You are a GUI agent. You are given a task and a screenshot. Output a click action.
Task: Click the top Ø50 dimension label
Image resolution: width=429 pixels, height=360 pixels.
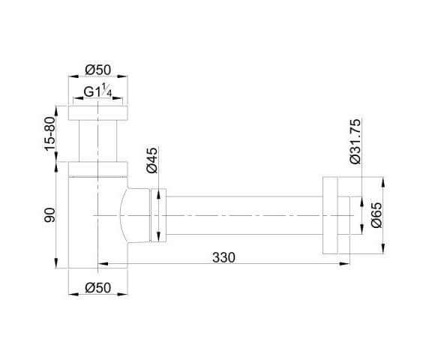98,70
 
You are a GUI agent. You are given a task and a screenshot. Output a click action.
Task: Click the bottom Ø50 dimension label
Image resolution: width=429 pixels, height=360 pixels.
98,288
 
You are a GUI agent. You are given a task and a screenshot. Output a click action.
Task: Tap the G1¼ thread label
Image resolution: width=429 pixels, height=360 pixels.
97,91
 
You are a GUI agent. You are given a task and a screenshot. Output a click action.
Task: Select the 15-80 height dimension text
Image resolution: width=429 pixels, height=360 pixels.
50,133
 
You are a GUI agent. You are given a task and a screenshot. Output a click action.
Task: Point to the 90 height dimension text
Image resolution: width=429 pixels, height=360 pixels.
50,215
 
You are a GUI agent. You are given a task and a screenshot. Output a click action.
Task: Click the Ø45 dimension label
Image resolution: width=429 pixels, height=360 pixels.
152,160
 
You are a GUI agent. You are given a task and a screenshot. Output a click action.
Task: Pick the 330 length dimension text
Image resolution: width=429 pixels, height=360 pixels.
223,257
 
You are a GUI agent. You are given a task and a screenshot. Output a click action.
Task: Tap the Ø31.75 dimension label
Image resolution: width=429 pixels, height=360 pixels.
355,142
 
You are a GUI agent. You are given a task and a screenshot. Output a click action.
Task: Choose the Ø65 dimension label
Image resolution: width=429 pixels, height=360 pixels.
376,215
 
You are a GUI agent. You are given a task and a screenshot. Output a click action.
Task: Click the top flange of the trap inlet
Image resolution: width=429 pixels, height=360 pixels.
98,113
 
